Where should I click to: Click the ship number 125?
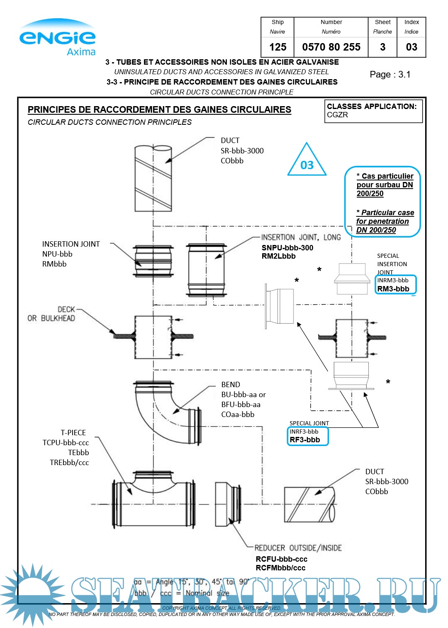(x=278, y=47)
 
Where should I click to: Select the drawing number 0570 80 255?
(x=331, y=47)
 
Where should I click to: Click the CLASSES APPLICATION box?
(x=373, y=111)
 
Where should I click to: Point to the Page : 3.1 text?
(x=390, y=75)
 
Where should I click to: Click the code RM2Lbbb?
(x=278, y=256)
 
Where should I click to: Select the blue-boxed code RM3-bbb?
(x=393, y=289)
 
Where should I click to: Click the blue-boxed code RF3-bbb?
(x=305, y=440)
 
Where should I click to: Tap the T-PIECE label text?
(x=73, y=433)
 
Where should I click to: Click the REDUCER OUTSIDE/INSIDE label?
(x=298, y=548)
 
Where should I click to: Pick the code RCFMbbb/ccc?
(x=280, y=568)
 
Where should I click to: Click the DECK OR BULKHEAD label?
(x=52, y=314)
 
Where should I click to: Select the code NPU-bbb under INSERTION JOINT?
(x=57, y=254)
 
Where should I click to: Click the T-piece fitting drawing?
(x=153, y=502)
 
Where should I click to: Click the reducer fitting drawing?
(x=227, y=504)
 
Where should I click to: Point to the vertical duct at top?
(x=153, y=178)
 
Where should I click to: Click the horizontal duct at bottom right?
(x=309, y=504)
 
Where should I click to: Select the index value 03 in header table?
(x=411, y=47)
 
